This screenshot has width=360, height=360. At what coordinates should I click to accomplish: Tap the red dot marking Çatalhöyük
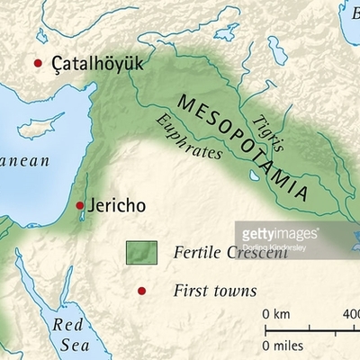coord(38,63)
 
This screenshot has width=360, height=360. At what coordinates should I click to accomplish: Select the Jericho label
coord(115,205)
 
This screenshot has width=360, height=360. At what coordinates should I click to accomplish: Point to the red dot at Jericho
coord(79,206)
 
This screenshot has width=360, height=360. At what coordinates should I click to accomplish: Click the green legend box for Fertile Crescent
coord(141,253)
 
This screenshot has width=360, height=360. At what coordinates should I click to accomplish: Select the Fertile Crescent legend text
coord(229,253)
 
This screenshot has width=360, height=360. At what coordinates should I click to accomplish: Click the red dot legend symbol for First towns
coord(140,290)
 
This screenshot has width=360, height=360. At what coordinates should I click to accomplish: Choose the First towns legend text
coord(214,291)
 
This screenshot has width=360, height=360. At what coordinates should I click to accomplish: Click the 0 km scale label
coord(276,314)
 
